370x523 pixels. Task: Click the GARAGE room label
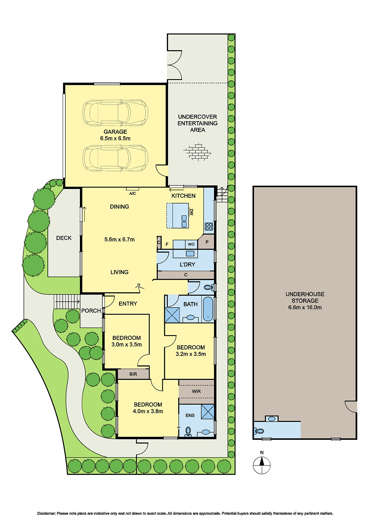pos(115,132)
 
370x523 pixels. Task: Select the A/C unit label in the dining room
pos(132,194)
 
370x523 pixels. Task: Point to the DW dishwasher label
pos(192,212)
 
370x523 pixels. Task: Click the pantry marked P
pos(207,242)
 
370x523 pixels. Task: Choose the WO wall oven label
pos(191,244)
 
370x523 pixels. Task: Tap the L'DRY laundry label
pos(187,264)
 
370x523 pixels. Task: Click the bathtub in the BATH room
pos(208,309)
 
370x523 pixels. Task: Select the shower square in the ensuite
pos(207,412)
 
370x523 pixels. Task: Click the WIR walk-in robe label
pos(196,391)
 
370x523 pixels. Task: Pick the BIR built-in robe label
pos(133,374)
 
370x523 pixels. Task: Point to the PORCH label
pos(91,311)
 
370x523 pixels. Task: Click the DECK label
pos(64,238)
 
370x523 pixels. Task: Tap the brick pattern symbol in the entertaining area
pos(197,152)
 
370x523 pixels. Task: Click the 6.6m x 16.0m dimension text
pos(305,307)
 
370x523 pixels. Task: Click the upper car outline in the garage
pos(115,113)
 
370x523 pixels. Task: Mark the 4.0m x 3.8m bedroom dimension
pos(148,411)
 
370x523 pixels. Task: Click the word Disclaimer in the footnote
pos(46,513)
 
